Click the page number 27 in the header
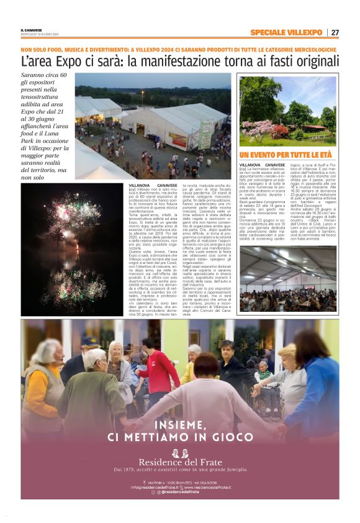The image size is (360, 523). tap(334, 32)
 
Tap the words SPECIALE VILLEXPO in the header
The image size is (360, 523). tap(286, 32)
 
